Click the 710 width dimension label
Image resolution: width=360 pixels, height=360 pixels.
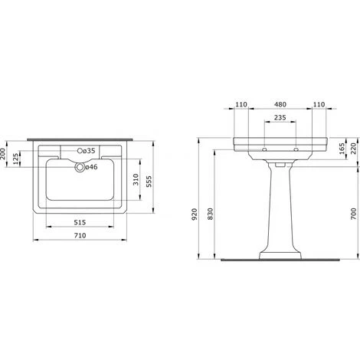[x=80, y=235]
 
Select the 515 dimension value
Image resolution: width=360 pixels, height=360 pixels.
[x=80, y=222]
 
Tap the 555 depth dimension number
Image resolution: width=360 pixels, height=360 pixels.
[x=149, y=182]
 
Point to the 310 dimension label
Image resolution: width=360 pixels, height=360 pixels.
[x=136, y=179]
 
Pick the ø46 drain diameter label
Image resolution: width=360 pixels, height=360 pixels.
[x=91, y=167]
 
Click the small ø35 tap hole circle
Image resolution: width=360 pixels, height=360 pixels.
[x=80, y=151]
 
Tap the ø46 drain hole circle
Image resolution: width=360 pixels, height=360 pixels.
[x=80, y=168]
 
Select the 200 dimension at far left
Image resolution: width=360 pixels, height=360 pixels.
[x=2, y=154]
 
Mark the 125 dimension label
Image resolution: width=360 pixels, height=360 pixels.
[x=16, y=159]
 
